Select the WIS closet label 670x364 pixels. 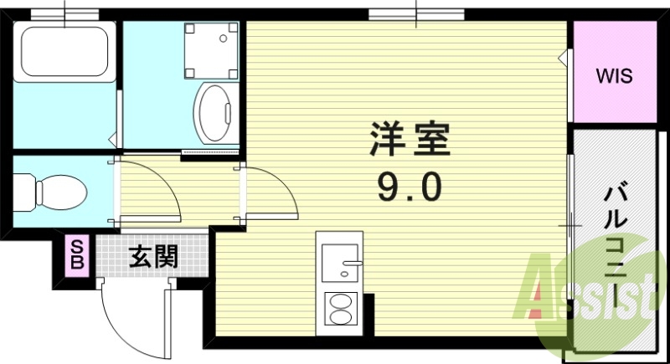click(x=614, y=75)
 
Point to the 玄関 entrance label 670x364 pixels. click(x=152, y=257)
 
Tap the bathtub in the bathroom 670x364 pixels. click(x=65, y=52)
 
